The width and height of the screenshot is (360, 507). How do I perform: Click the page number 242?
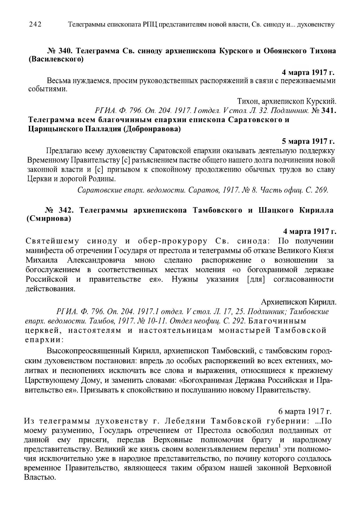(35, 24)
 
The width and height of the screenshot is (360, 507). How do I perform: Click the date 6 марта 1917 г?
(305, 411)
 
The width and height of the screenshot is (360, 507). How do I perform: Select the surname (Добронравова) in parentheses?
(152, 129)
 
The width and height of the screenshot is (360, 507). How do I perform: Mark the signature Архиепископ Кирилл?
(298, 302)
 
